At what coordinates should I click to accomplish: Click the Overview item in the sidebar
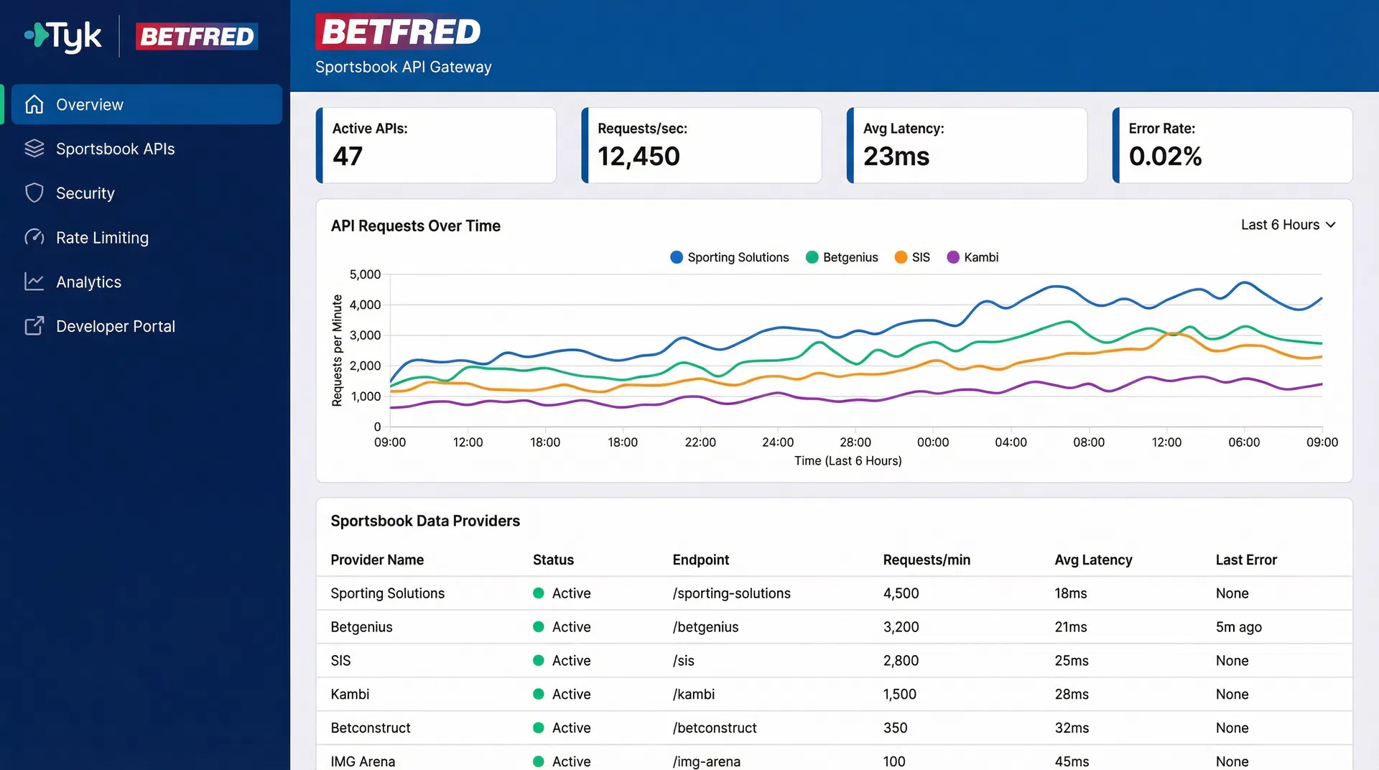point(90,105)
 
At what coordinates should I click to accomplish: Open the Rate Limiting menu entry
point(102,238)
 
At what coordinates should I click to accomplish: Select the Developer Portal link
point(115,327)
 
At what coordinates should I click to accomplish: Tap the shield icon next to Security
point(34,193)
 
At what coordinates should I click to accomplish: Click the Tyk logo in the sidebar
point(63,36)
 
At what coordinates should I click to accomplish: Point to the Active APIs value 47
point(348,157)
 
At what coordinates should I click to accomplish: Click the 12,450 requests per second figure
point(639,157)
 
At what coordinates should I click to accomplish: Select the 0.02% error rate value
point(1165,157)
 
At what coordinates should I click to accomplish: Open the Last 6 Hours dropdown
point(1288,226)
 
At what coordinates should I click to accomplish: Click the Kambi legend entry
point(973,258)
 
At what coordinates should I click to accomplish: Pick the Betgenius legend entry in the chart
point(842,258)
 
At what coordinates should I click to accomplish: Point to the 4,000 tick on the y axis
point(365,305)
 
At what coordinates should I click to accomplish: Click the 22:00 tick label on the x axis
point(700,442)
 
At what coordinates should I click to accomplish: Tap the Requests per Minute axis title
point(337,351)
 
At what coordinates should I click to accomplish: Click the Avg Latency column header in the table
point(1093,560)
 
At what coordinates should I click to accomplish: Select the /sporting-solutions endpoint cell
point(731,594)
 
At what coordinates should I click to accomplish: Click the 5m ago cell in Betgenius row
point(1238,628)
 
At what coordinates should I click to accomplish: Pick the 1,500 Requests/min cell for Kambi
point(899,695)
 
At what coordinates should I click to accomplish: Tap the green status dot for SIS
point(539,661)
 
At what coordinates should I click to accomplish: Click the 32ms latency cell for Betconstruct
point(1072,728)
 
